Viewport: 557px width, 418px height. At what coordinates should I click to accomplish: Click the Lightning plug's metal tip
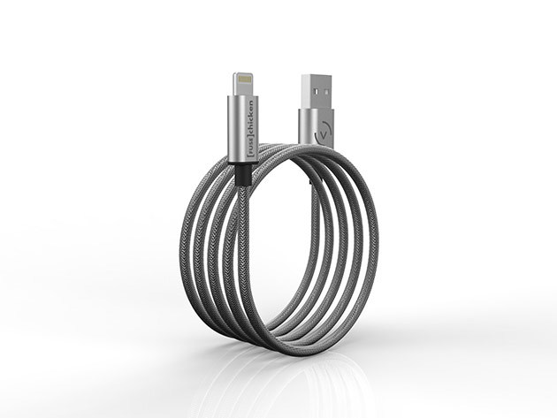pyautogui.click(x=243, y=85)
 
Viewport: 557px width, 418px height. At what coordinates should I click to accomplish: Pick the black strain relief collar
pyautogui.click(x=242, y=175)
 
